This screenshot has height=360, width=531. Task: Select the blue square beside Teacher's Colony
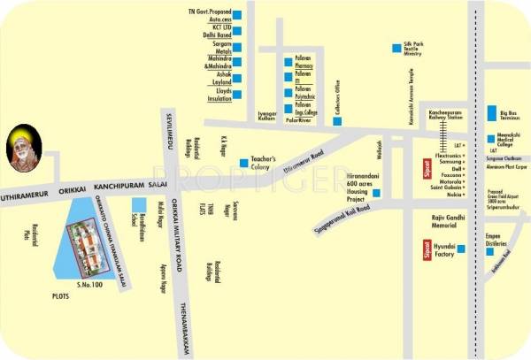pyautogui.click(x=244, y=161)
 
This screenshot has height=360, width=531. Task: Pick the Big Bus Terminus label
pyautogui.click(x=507, y=115)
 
